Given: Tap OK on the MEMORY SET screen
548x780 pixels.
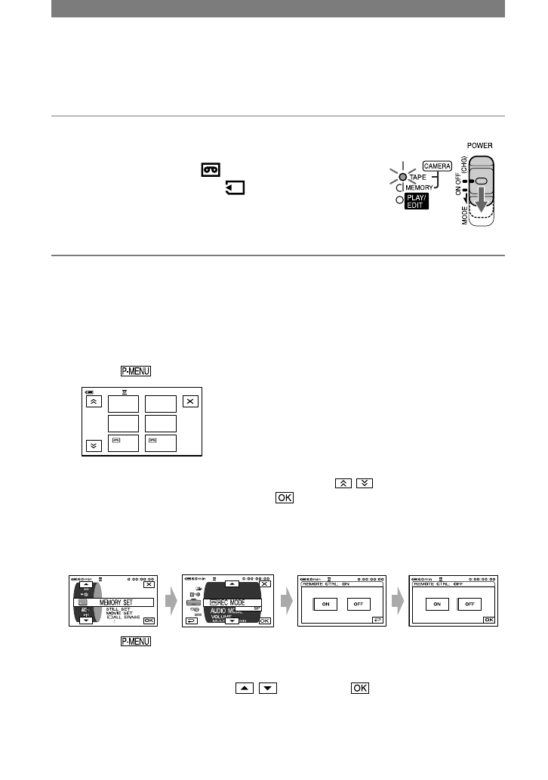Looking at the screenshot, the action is [x=149, y=620].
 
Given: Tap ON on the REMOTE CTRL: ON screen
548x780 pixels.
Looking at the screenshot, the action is [x=325, y=604].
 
